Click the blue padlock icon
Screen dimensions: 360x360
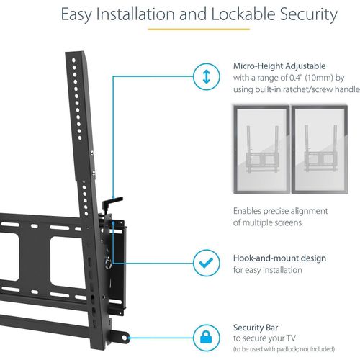click(206, 337)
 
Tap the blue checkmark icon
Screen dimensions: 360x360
click(206, 263)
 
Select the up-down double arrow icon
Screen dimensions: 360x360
click(207, 77)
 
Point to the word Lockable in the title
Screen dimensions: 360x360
click(243, 14)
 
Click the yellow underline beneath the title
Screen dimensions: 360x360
click(199, 30)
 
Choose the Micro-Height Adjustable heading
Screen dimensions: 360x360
click(279, 66)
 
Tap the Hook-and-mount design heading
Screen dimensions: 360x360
click(279, 258)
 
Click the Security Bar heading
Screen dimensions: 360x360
click(256, 328)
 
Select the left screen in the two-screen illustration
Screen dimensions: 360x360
click(261, 149)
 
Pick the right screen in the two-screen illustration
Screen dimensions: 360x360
click(320, 149)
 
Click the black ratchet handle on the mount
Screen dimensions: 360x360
click(112, 202)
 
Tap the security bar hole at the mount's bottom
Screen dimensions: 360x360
click(125, 338)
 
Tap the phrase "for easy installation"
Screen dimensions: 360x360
click(268, 270)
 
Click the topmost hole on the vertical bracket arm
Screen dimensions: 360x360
click(73, 60)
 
